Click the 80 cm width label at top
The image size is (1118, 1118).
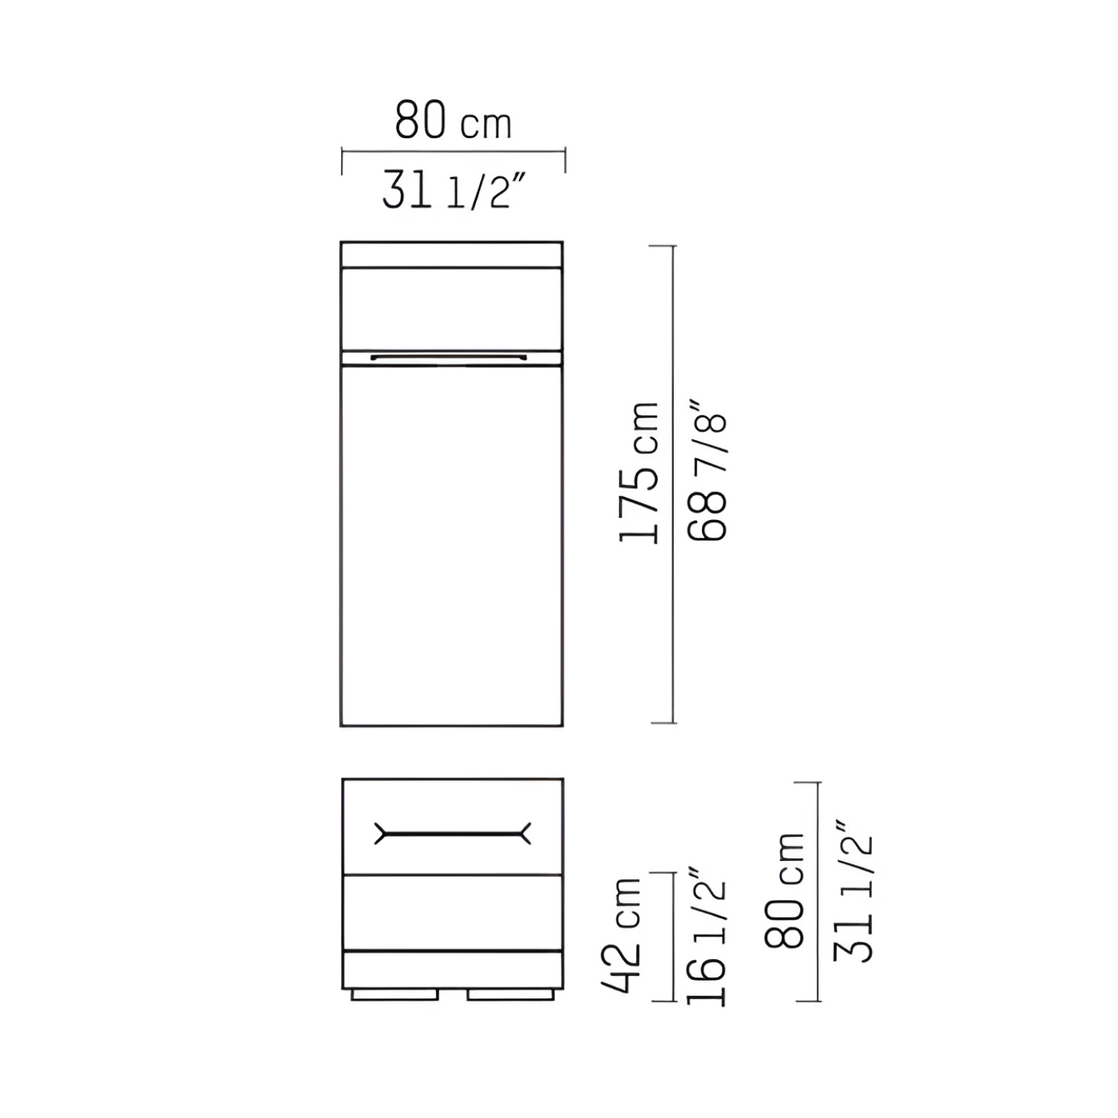pos(453,120)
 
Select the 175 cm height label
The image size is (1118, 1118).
pos(639,472)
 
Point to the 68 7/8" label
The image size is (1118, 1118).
pos(707,470)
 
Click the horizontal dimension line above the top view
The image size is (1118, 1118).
pos(453,153)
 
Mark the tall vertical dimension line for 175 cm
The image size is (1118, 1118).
pos(673,485)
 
